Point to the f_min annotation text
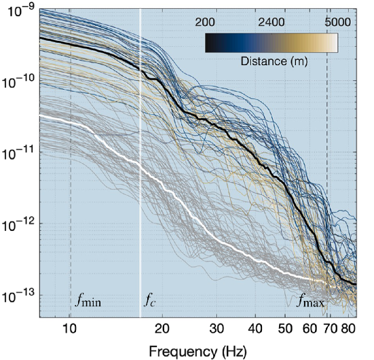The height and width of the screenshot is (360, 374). tap(88, 300)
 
